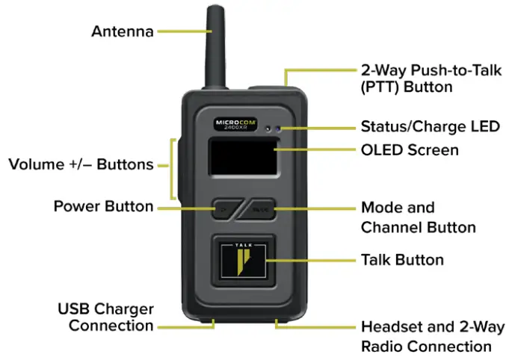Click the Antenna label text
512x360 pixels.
coord(123,31)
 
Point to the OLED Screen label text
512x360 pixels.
coord(410,150)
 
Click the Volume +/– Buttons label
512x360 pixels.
coord(81,164)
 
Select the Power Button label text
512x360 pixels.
coord(103,206)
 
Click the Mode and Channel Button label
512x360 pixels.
coord(418,217)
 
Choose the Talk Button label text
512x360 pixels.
coord(402,260)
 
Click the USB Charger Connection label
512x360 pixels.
coord(105,317)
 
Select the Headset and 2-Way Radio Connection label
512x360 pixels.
coord(432,336)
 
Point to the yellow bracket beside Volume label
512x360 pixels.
coord(173,164)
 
